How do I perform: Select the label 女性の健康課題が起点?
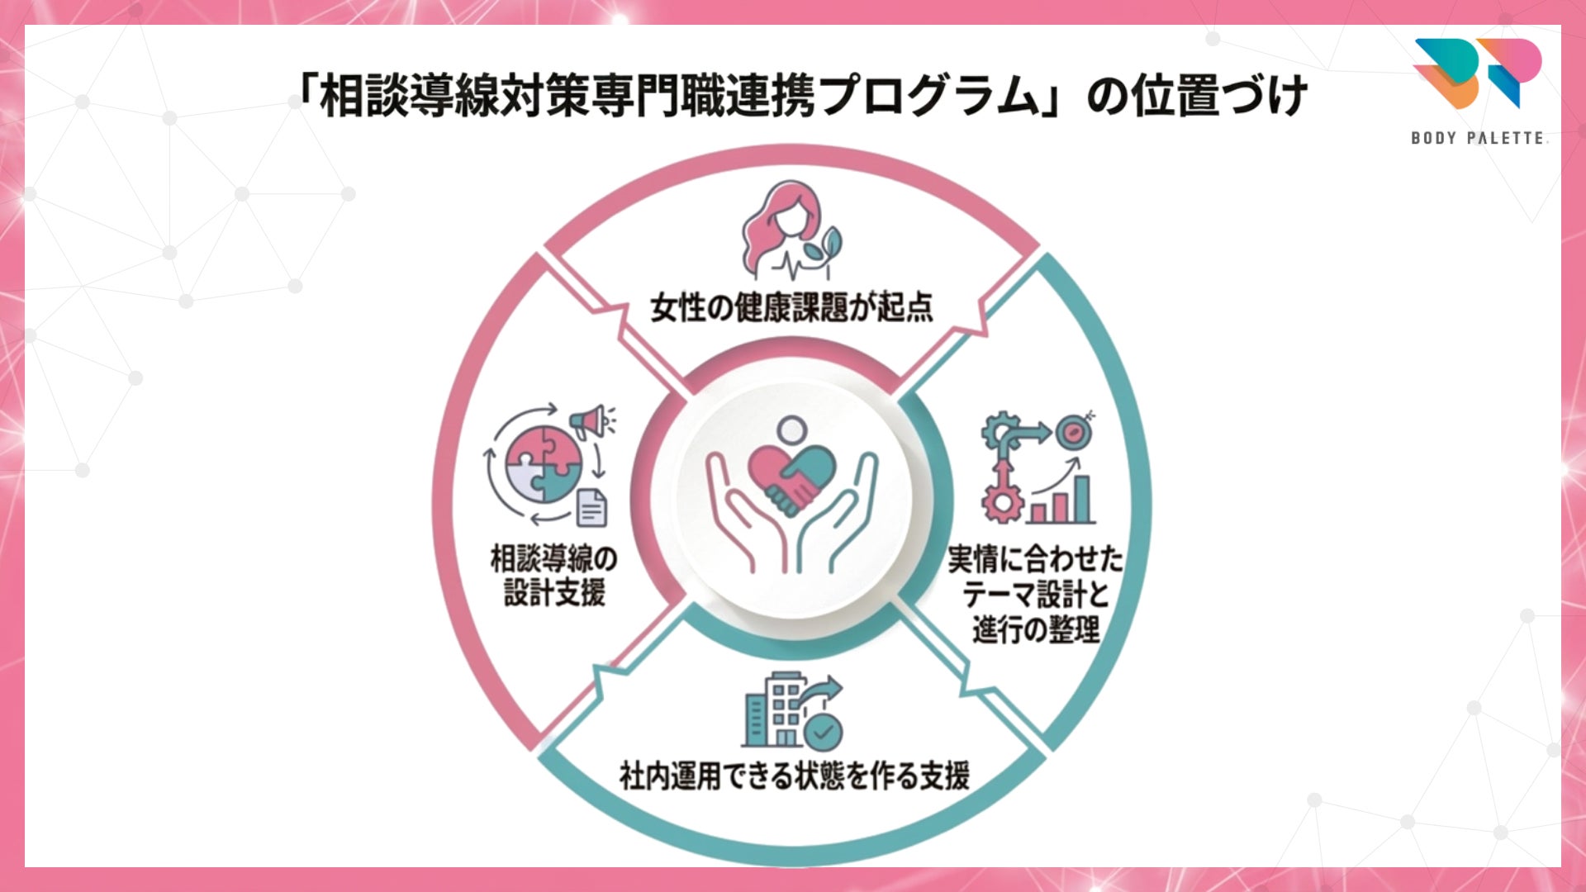coord(791,307)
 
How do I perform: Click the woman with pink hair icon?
coord(782,231)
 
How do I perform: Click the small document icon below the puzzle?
coord(591,507)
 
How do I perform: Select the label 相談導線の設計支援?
coord(553,576)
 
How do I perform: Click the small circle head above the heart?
coord(791,429)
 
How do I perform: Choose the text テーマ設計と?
coord(1034,595)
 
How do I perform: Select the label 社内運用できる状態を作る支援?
coord(794,776)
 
